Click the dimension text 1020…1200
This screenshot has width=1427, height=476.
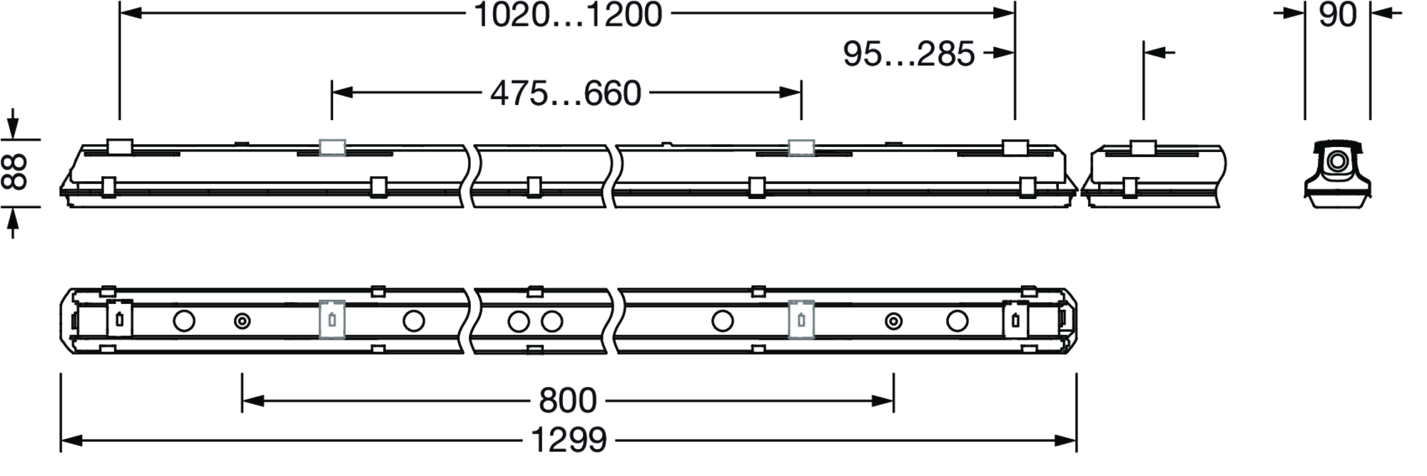click(568, 15)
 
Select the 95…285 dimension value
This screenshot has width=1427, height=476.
click(908, 54)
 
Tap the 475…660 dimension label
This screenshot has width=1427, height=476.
click(566, 93)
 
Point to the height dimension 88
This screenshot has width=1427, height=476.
click(15, 173)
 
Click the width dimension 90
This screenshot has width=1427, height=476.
click(1337, 15)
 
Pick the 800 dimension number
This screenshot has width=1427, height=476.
click(567, 401)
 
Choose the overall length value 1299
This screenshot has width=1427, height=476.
click(569, 441)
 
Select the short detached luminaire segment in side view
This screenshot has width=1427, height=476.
click(1154, 175)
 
